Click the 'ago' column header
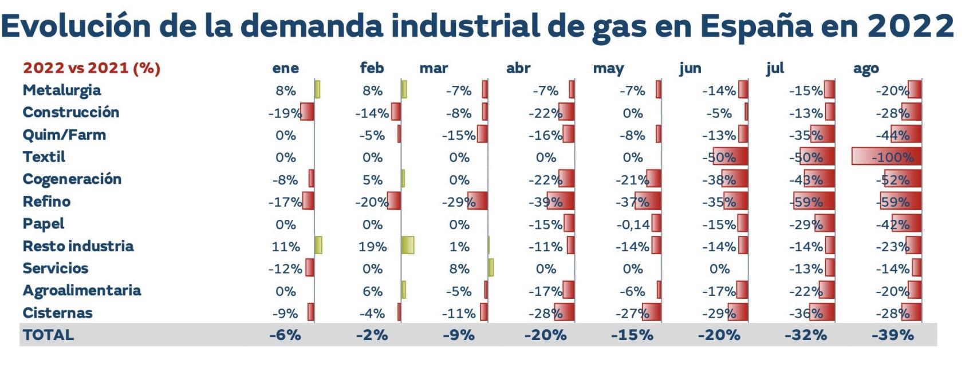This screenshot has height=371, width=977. click(865, 69)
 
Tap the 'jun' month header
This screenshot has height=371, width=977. click(690, 69)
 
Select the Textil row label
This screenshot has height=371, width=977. click(44, 157)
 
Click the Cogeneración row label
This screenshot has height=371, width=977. click(72, 179)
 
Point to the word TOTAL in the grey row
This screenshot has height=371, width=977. click(49, 335)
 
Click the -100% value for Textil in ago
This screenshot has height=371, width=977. click(892, 157)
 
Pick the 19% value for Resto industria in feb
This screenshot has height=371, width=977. click(372, 247)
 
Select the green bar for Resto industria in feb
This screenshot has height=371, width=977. click(408, 246)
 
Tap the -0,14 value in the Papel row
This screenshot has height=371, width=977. click(633, 224)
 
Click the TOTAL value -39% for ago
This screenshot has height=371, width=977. click(892, 335)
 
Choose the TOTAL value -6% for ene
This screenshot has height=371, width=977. click(285, 335)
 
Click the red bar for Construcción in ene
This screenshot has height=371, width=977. click(308, 112)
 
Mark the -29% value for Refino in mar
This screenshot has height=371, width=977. click(459, 202)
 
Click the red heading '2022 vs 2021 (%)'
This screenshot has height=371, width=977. click(92, 69)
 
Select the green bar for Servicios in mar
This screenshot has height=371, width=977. click(491, 268)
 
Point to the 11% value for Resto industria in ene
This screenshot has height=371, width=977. click(285, 247)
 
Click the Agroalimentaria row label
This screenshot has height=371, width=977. click(82, 291)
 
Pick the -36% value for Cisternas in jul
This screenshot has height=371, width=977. click(806, 313)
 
